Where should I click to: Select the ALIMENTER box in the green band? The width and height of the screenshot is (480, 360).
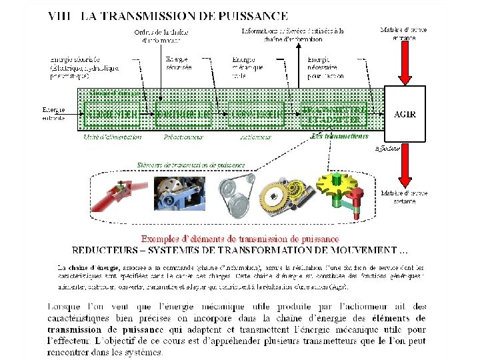[x=112, y=114]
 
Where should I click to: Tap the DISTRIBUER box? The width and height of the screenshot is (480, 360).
[x=183, y=114]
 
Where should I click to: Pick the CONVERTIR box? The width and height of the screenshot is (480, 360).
[x=255, y=114]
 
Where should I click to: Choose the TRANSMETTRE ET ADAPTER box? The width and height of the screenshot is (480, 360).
[x=335, y=114]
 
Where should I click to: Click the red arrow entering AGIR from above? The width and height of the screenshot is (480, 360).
[x=405, y=63]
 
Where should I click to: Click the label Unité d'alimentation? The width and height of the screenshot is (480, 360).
[x=113, y=137]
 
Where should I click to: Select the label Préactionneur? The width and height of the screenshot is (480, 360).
[x=183, y=137]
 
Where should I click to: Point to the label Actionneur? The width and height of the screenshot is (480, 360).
[x=255, y=137]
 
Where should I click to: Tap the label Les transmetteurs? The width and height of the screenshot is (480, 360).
[x=340, y=136]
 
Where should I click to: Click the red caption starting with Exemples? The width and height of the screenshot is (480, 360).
[x=240, y=239]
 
